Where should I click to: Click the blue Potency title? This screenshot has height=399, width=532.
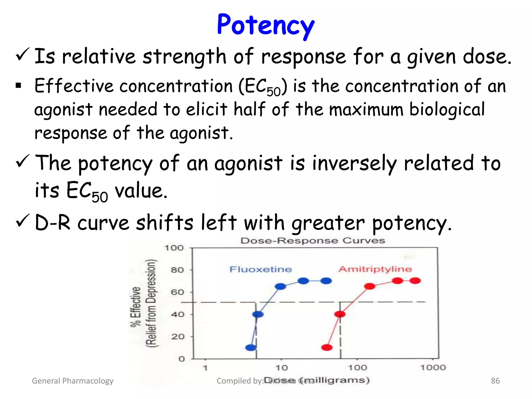click(265, 25)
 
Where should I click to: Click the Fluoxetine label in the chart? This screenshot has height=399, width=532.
click(261, 269)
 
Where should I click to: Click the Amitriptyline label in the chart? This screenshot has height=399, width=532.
click(375, 269)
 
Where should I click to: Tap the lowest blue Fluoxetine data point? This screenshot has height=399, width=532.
click(251, 347)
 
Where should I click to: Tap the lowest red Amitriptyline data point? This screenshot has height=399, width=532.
click(327, 347)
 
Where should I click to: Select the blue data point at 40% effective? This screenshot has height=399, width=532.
click(258, 314)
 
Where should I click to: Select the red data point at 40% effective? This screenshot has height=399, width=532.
click(340, 314)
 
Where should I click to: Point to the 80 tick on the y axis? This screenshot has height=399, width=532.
click(177, 270)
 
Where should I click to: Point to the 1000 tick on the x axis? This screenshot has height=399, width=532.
click(433, 367)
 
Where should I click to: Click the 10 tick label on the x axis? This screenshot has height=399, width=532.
click(282, 368)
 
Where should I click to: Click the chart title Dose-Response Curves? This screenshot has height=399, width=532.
click(312, 241)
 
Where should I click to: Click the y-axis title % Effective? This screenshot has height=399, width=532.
click(136, 307)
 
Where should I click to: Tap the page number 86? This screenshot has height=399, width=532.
click(495, 381)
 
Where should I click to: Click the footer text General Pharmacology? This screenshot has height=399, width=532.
click(72, 381)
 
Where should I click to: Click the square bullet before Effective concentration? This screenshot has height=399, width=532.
click(18, 85)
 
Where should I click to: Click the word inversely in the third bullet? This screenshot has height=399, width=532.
click(354, 163)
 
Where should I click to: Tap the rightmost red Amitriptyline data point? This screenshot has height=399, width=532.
click(415, 281)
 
